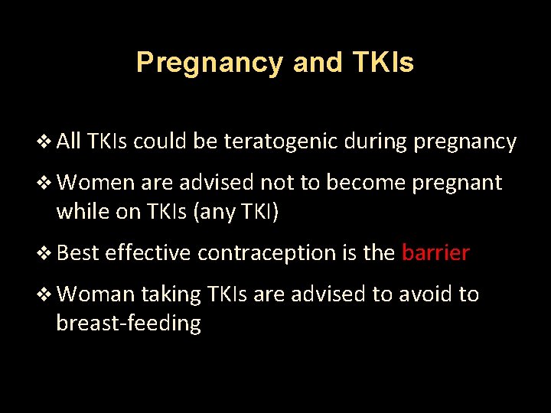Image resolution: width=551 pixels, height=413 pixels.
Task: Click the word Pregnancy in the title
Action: pos(209,63)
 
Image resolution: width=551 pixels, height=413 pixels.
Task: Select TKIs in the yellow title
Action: pos(383,63)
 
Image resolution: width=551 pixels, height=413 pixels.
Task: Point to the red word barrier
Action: pos(435,253)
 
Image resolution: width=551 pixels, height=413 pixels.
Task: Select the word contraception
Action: pos(266,253)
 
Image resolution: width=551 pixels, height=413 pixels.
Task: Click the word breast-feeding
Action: pos(129,324)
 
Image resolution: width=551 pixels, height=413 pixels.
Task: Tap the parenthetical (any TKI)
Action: pos(237,212)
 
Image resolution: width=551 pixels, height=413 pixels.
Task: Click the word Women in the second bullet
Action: pos(93,184)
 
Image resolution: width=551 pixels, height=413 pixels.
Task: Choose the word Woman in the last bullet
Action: pos(96,294)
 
